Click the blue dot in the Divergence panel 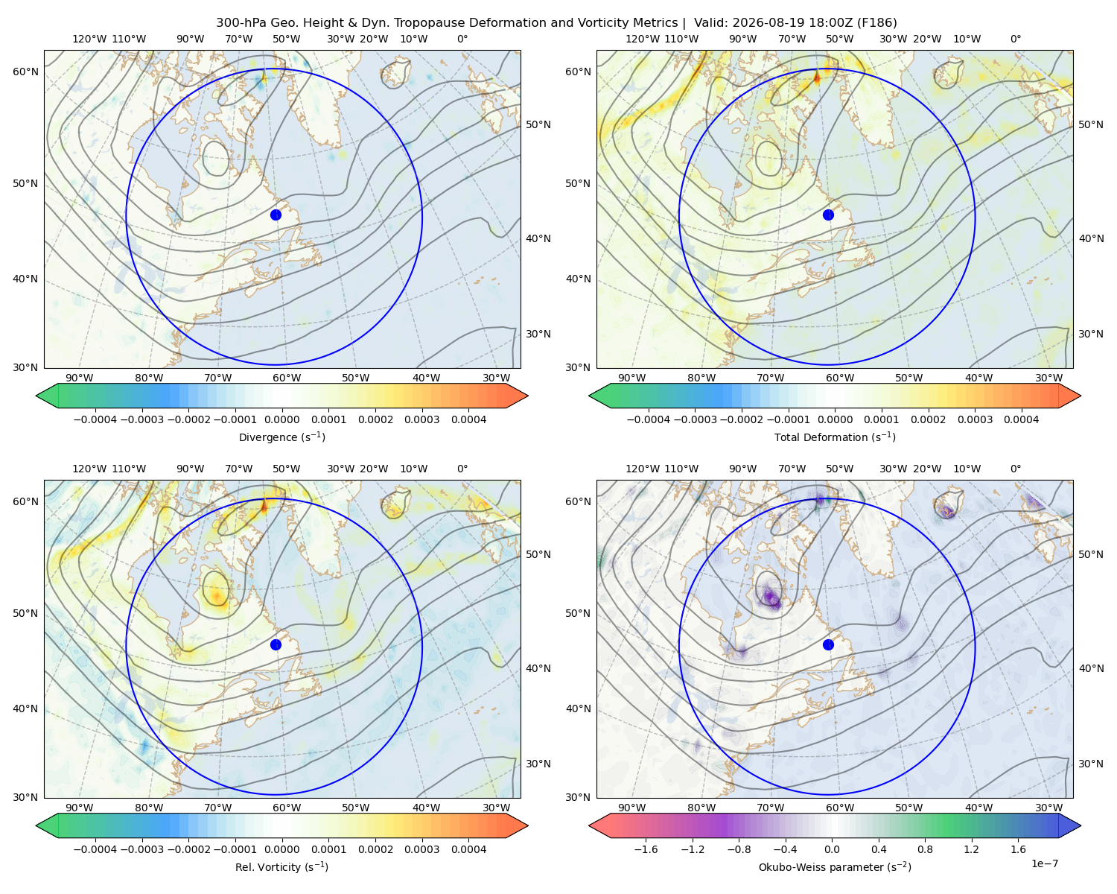[x=276, y=215]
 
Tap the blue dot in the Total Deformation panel [x=828, y=215]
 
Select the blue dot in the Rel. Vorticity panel [x=276, y=644]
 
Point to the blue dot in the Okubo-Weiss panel [x=828, y=644]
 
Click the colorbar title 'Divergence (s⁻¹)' [x=281, y=437]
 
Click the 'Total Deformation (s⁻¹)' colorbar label [x=835, y=437]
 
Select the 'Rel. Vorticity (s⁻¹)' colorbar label [x=281, y=866]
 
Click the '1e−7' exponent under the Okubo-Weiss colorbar [x=1044, y=863]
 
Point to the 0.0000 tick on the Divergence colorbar [x=281, y=419]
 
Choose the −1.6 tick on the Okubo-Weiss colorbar [x=646, y=849]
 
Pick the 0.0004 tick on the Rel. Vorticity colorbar [x=468, y=849]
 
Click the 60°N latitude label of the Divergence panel [x=25, y=72]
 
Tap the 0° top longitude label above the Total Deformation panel [x=1015, y=39]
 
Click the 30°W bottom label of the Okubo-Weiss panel [x=1049, y=808]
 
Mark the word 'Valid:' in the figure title [x=711, y=23]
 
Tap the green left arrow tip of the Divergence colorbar [x=36, y=396]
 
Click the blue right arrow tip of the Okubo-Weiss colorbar [x=1081, y=825]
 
